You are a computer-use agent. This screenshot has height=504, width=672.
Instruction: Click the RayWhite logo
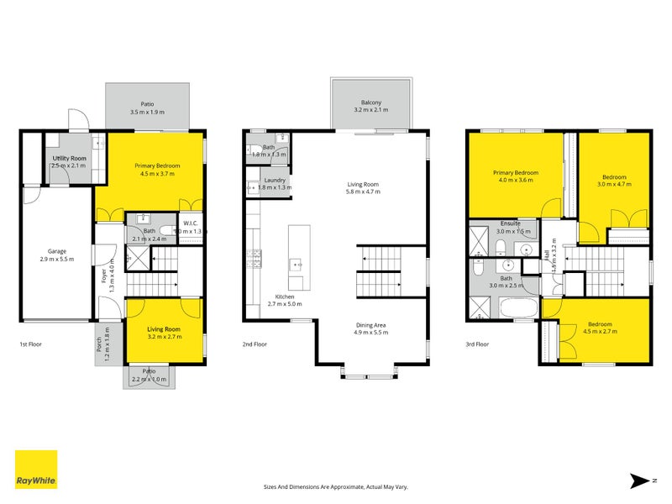[36, 470]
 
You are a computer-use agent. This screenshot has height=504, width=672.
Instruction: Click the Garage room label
[57, 251]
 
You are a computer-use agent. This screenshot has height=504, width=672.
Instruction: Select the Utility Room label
[69, 158]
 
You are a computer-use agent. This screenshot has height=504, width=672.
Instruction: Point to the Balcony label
[371, 102]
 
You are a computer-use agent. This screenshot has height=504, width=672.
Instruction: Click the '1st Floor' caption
[32, 344]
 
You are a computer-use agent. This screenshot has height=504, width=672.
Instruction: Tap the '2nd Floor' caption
[255, 344]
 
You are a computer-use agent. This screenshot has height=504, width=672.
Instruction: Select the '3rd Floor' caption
[477, 344]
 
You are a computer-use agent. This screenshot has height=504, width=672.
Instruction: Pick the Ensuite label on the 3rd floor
[508, 224]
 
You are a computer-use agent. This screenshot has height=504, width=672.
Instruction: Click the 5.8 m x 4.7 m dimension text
[364, 192]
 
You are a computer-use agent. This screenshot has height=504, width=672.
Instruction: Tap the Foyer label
[104, 276]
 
